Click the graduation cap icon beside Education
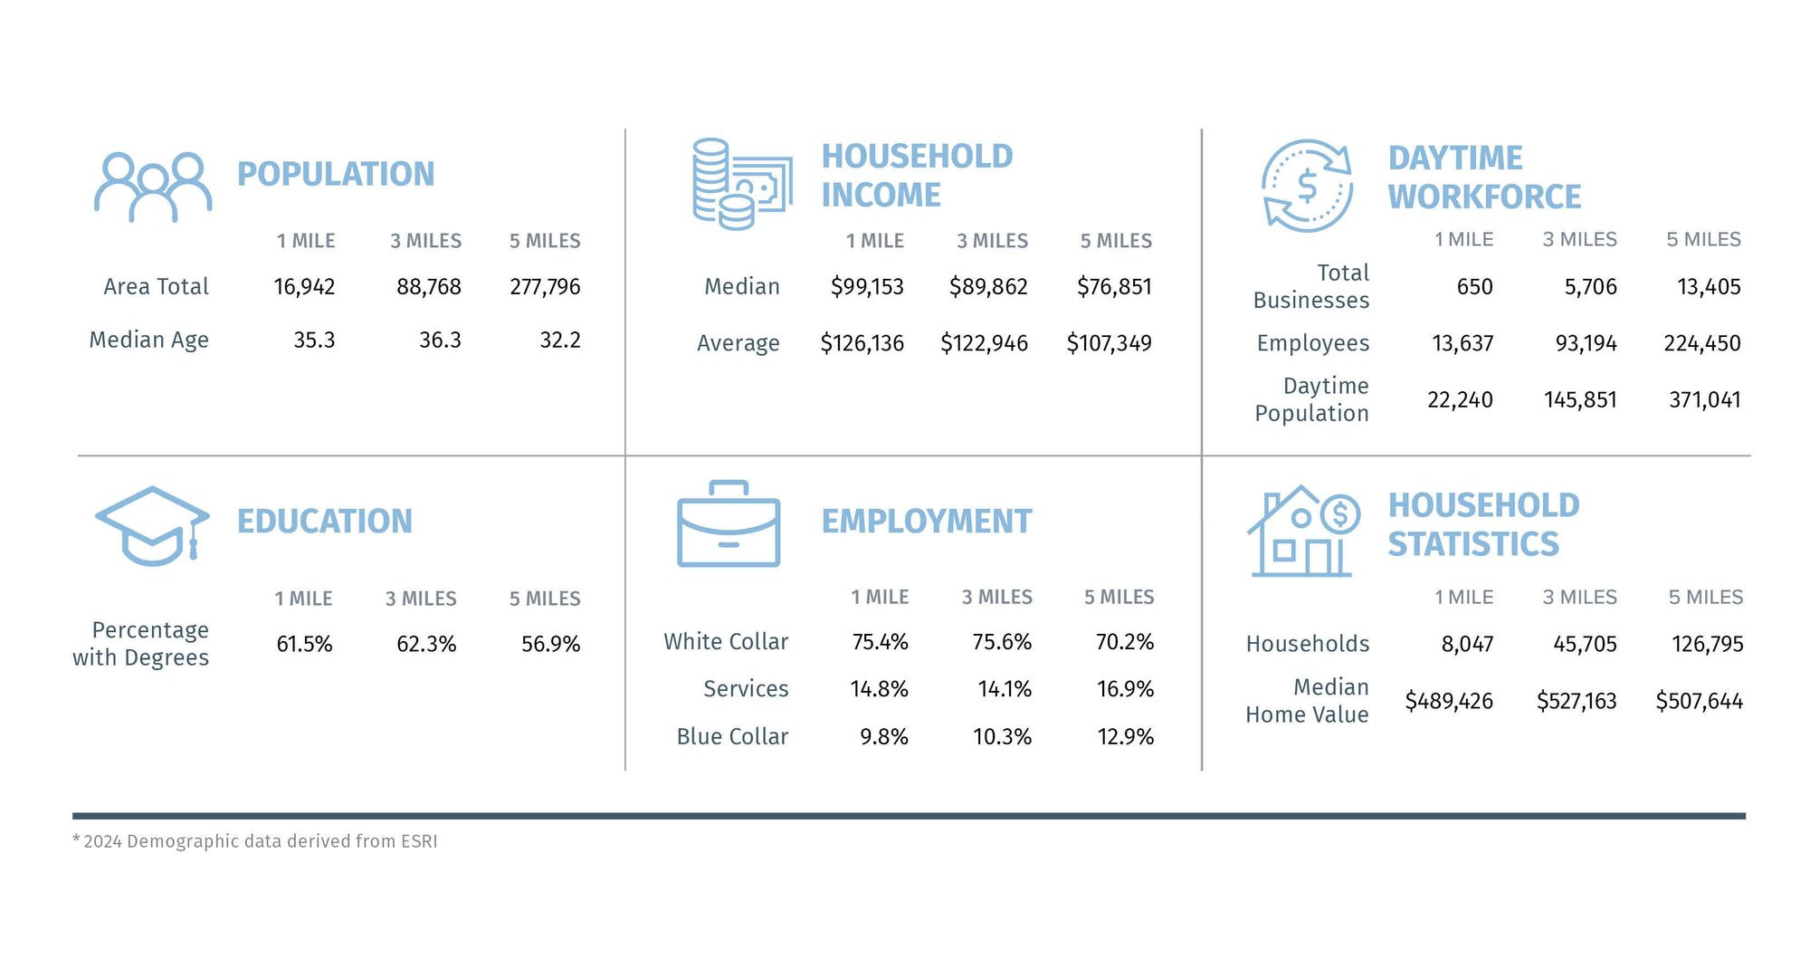tap(152, 526)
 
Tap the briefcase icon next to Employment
tap(729, 524)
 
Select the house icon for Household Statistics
tap(1303, 532)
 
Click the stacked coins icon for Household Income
tap(741, 184)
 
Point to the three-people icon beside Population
tap(153, 187)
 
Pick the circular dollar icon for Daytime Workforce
tap(1307, 186)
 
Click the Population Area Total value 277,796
tap(545, 287)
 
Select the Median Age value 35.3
tap(314, 340)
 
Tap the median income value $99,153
tap(867, 287)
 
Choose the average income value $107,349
tap(1109, 343)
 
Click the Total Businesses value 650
tap(1474, 287)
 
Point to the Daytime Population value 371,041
tap(1704, 399)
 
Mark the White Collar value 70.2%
tap(1124, 642)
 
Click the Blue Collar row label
tap(732, 737)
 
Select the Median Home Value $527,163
tap(1576, 701)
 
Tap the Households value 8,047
tap(1467, 644)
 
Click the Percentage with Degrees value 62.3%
tap(426, 644)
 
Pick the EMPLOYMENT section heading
tap(926, 522)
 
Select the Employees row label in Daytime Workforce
tap(1312, 343)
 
